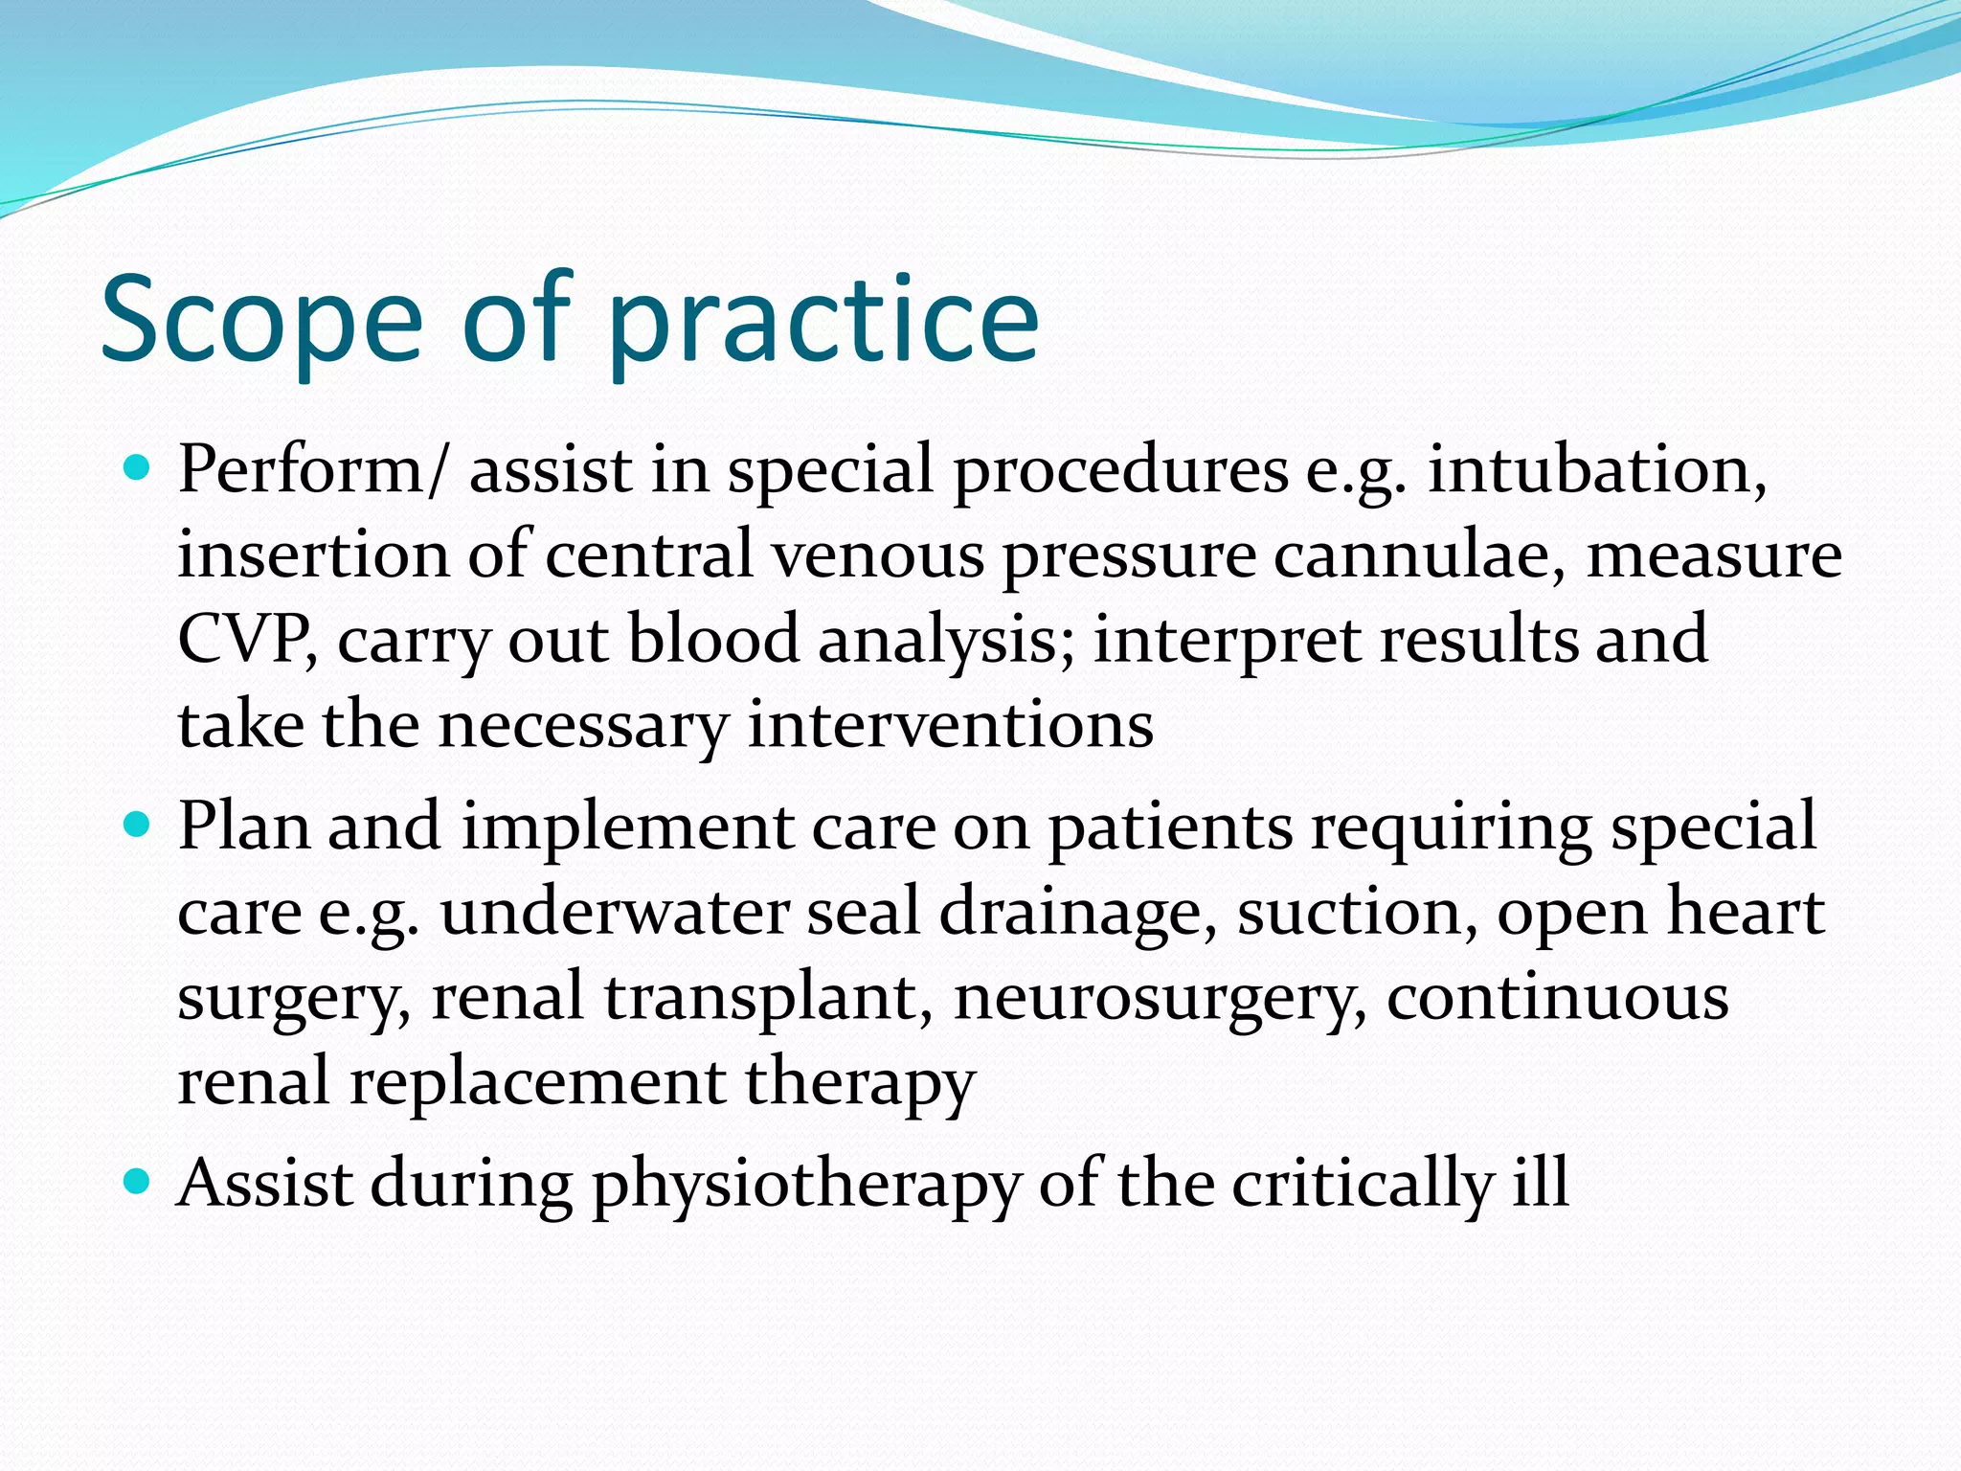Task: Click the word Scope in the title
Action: click(x=260, y=321)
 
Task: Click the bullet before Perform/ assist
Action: click(x=139, y=468)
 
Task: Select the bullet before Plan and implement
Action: click(x=139, y=825)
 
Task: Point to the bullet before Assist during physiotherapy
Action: click(x=139, y=1181)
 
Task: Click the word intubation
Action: click(x=1596, y=471)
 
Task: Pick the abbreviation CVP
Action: click(x=244, y=640)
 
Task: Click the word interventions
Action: click(x=950, y=725)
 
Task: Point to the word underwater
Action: click(x=614, y=912)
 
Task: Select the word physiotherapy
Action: click(x=806, y=1186)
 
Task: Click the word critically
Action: click(x=1363, y=1186)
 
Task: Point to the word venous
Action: click(x=878, y=555)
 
